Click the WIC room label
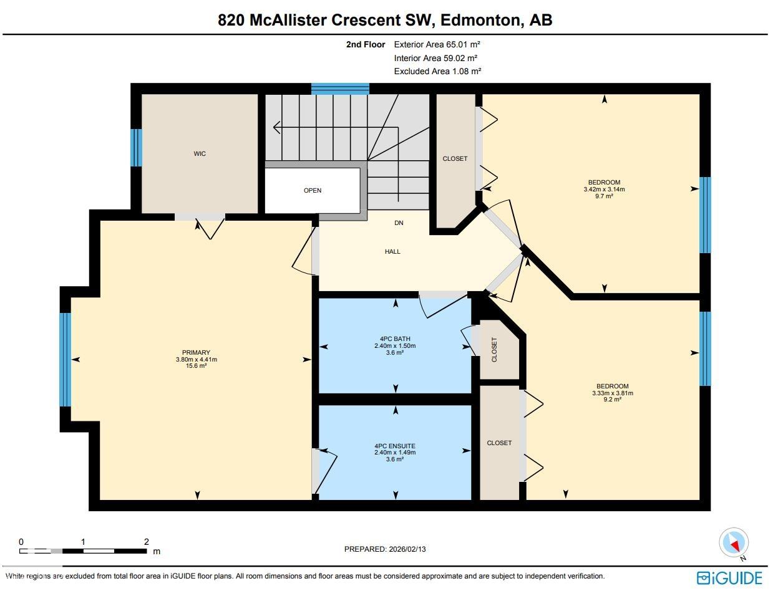coord(200,154)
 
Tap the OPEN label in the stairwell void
coord(313,191)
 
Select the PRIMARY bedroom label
coord(196,353)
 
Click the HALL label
coord(392,252)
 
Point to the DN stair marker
coord(399,223)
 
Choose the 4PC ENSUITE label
coord(394,446)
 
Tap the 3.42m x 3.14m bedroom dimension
coord(604,190)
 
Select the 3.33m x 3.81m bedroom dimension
coord(612,393)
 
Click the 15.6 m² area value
coord(196,367)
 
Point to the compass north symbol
coord(734,543)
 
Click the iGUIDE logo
coord(729,577)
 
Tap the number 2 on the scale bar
coord(146,542)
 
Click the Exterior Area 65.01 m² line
coord(437,44)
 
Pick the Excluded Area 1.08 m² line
coord(437,71)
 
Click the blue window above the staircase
coord(340,89)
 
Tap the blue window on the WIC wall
coord(136,148)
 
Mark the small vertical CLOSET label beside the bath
coord(494,350)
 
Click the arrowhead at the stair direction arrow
coord(276,128)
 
